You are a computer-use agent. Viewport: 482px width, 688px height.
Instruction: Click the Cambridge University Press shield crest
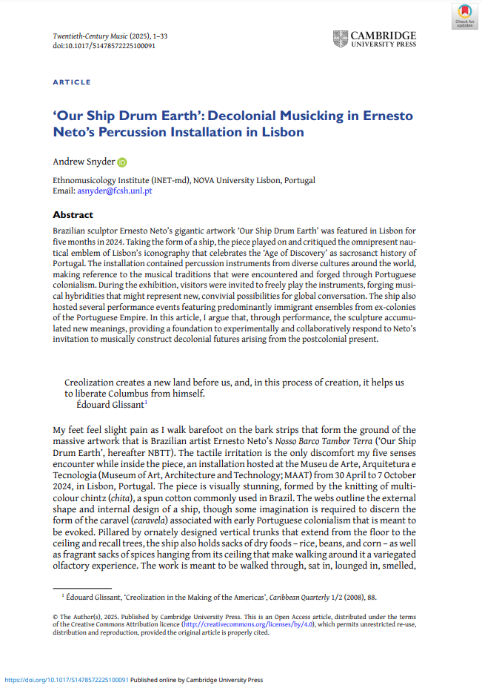click(340, 39)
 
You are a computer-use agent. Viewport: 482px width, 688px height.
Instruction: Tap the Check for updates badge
click(464, 16)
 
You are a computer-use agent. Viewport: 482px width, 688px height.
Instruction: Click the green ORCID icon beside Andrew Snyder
click(122, 162)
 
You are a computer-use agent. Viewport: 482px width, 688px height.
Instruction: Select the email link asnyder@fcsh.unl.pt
click(115, 191)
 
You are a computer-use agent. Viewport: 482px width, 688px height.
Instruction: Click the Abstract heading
click(73, 215)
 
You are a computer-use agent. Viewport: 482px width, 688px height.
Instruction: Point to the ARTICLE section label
click(72, 82)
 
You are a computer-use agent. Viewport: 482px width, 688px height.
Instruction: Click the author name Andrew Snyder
click(83, 162)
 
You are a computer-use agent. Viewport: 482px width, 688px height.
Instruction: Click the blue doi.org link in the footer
click(67, 680)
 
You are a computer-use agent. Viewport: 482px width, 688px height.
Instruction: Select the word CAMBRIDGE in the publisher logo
click(384, 35)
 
